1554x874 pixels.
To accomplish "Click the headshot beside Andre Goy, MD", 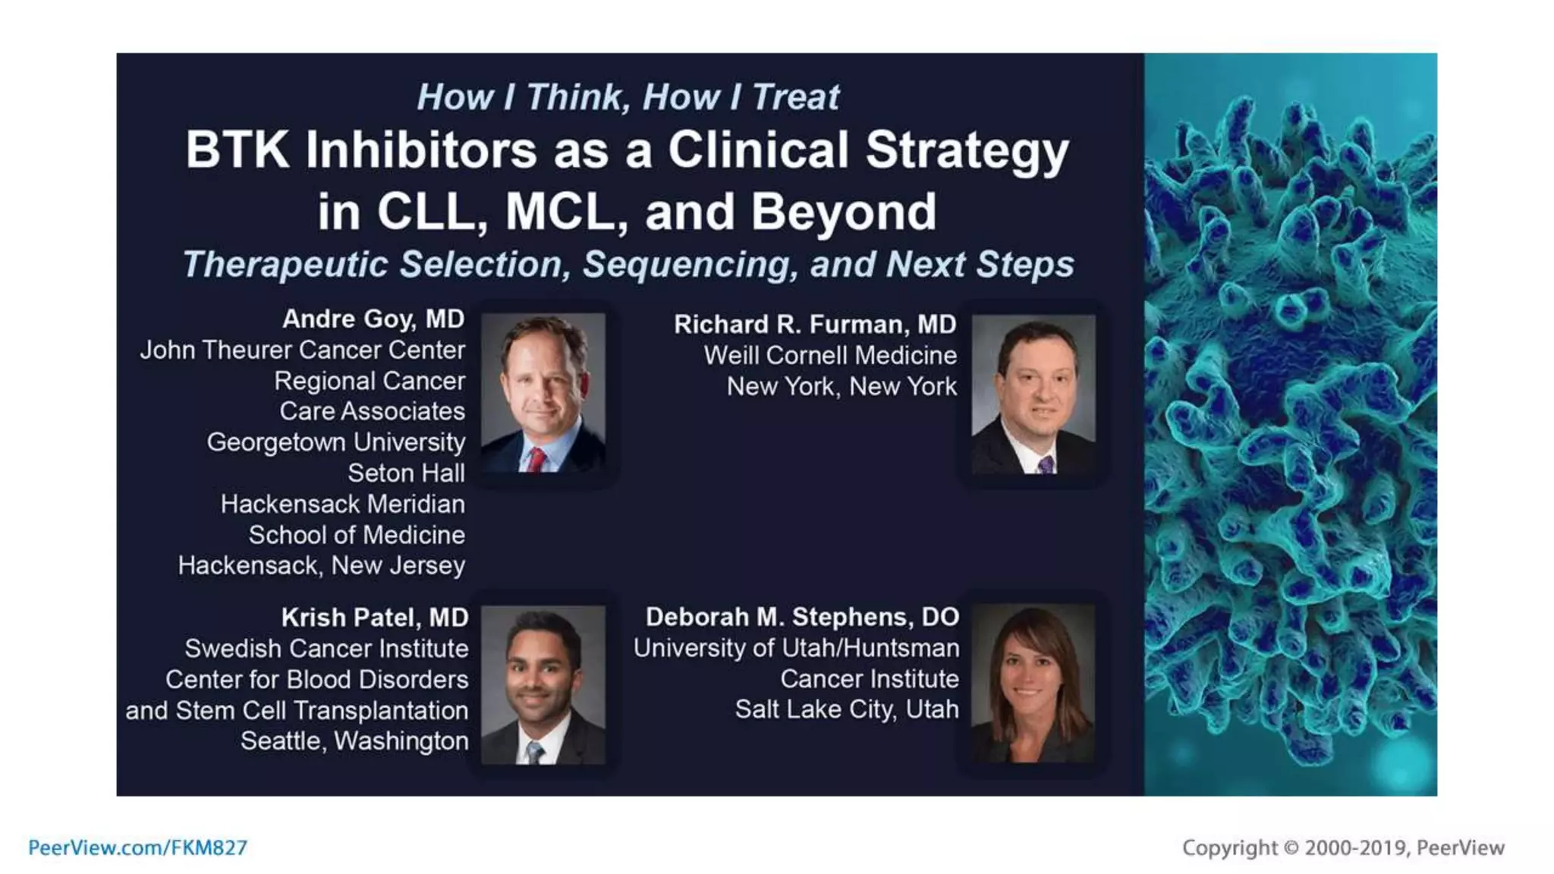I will click(x=543, y=393).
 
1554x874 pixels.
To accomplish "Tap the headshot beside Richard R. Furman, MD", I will click(x=1033, y=395).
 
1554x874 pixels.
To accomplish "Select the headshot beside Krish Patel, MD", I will click(x=543, y=684).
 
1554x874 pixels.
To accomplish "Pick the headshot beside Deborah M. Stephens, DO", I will click(x=1033, y=683).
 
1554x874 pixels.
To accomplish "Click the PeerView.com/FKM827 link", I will click(x=137, y=847).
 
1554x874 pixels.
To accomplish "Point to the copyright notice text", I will click(x=1342, y=847).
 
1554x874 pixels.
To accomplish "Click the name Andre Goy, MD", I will click(x=373, y=319).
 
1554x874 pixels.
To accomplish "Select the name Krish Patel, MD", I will click(x=374, y=618).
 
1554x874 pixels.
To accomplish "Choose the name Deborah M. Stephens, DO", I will click(x=802, y=617).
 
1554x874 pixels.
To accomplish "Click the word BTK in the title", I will click(x=237, y=149).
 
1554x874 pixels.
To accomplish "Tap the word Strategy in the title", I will click(x=967, y=151).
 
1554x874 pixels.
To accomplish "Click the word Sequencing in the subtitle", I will click(x=690, y=264).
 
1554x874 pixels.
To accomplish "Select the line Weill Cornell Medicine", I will click(x=830, y=355).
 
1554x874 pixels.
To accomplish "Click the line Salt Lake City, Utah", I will click(x=846, y=709).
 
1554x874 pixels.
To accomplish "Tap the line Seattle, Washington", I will click(x=354, y=740).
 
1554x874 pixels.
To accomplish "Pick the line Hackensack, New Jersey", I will click(x=321, y=565).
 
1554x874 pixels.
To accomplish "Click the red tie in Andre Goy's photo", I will click(x=536, y=460).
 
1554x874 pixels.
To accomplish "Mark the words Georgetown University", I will click(x=335, y=442).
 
